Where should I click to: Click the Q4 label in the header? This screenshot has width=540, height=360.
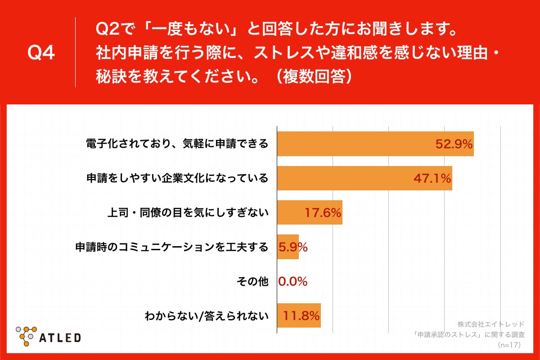(41, 53)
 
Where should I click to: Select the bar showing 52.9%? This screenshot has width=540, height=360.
(375, 144)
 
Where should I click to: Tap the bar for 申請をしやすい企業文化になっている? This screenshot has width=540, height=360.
(364, 178)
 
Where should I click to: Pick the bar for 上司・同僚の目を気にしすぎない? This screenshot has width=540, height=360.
(309, 212)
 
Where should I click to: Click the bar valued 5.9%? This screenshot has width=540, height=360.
(288, 247)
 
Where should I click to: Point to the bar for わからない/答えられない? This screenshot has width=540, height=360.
(298, 315)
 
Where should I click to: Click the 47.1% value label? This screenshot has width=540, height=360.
(432, 179)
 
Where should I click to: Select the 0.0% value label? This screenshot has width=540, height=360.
(293, 282)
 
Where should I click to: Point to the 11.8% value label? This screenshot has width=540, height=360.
(301, 316)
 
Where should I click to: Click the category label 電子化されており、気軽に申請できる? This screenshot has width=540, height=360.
(177, 144)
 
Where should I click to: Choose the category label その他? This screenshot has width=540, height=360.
(252, 282)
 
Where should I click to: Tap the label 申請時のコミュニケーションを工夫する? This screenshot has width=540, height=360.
(171, 247)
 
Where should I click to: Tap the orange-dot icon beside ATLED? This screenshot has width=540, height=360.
(27, 335)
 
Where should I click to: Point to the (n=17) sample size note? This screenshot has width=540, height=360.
(509, 345)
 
